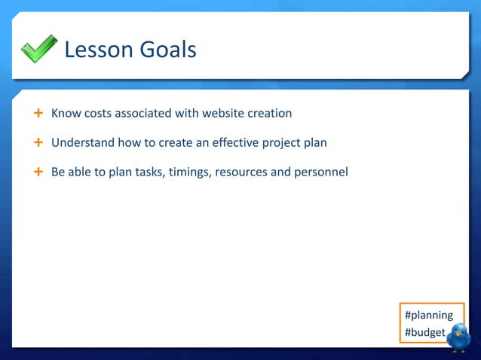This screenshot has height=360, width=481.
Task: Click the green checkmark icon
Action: click(38, 49)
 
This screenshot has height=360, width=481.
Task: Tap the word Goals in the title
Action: click(167, 50)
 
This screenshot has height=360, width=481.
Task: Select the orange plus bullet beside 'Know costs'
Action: click(38, 114)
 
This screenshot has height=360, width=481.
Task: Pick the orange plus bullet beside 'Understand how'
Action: click(38, 142)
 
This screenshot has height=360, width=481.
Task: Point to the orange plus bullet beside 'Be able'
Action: click(38, 172)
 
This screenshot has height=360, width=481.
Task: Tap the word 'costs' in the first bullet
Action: click(100, 114)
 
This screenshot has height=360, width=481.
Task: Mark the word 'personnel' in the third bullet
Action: click(321, 172)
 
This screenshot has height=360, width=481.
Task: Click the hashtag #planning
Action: click(429, 315)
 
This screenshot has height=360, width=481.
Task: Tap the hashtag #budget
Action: click(424, 332)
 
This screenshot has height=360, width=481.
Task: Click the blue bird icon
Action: click(458, 338)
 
